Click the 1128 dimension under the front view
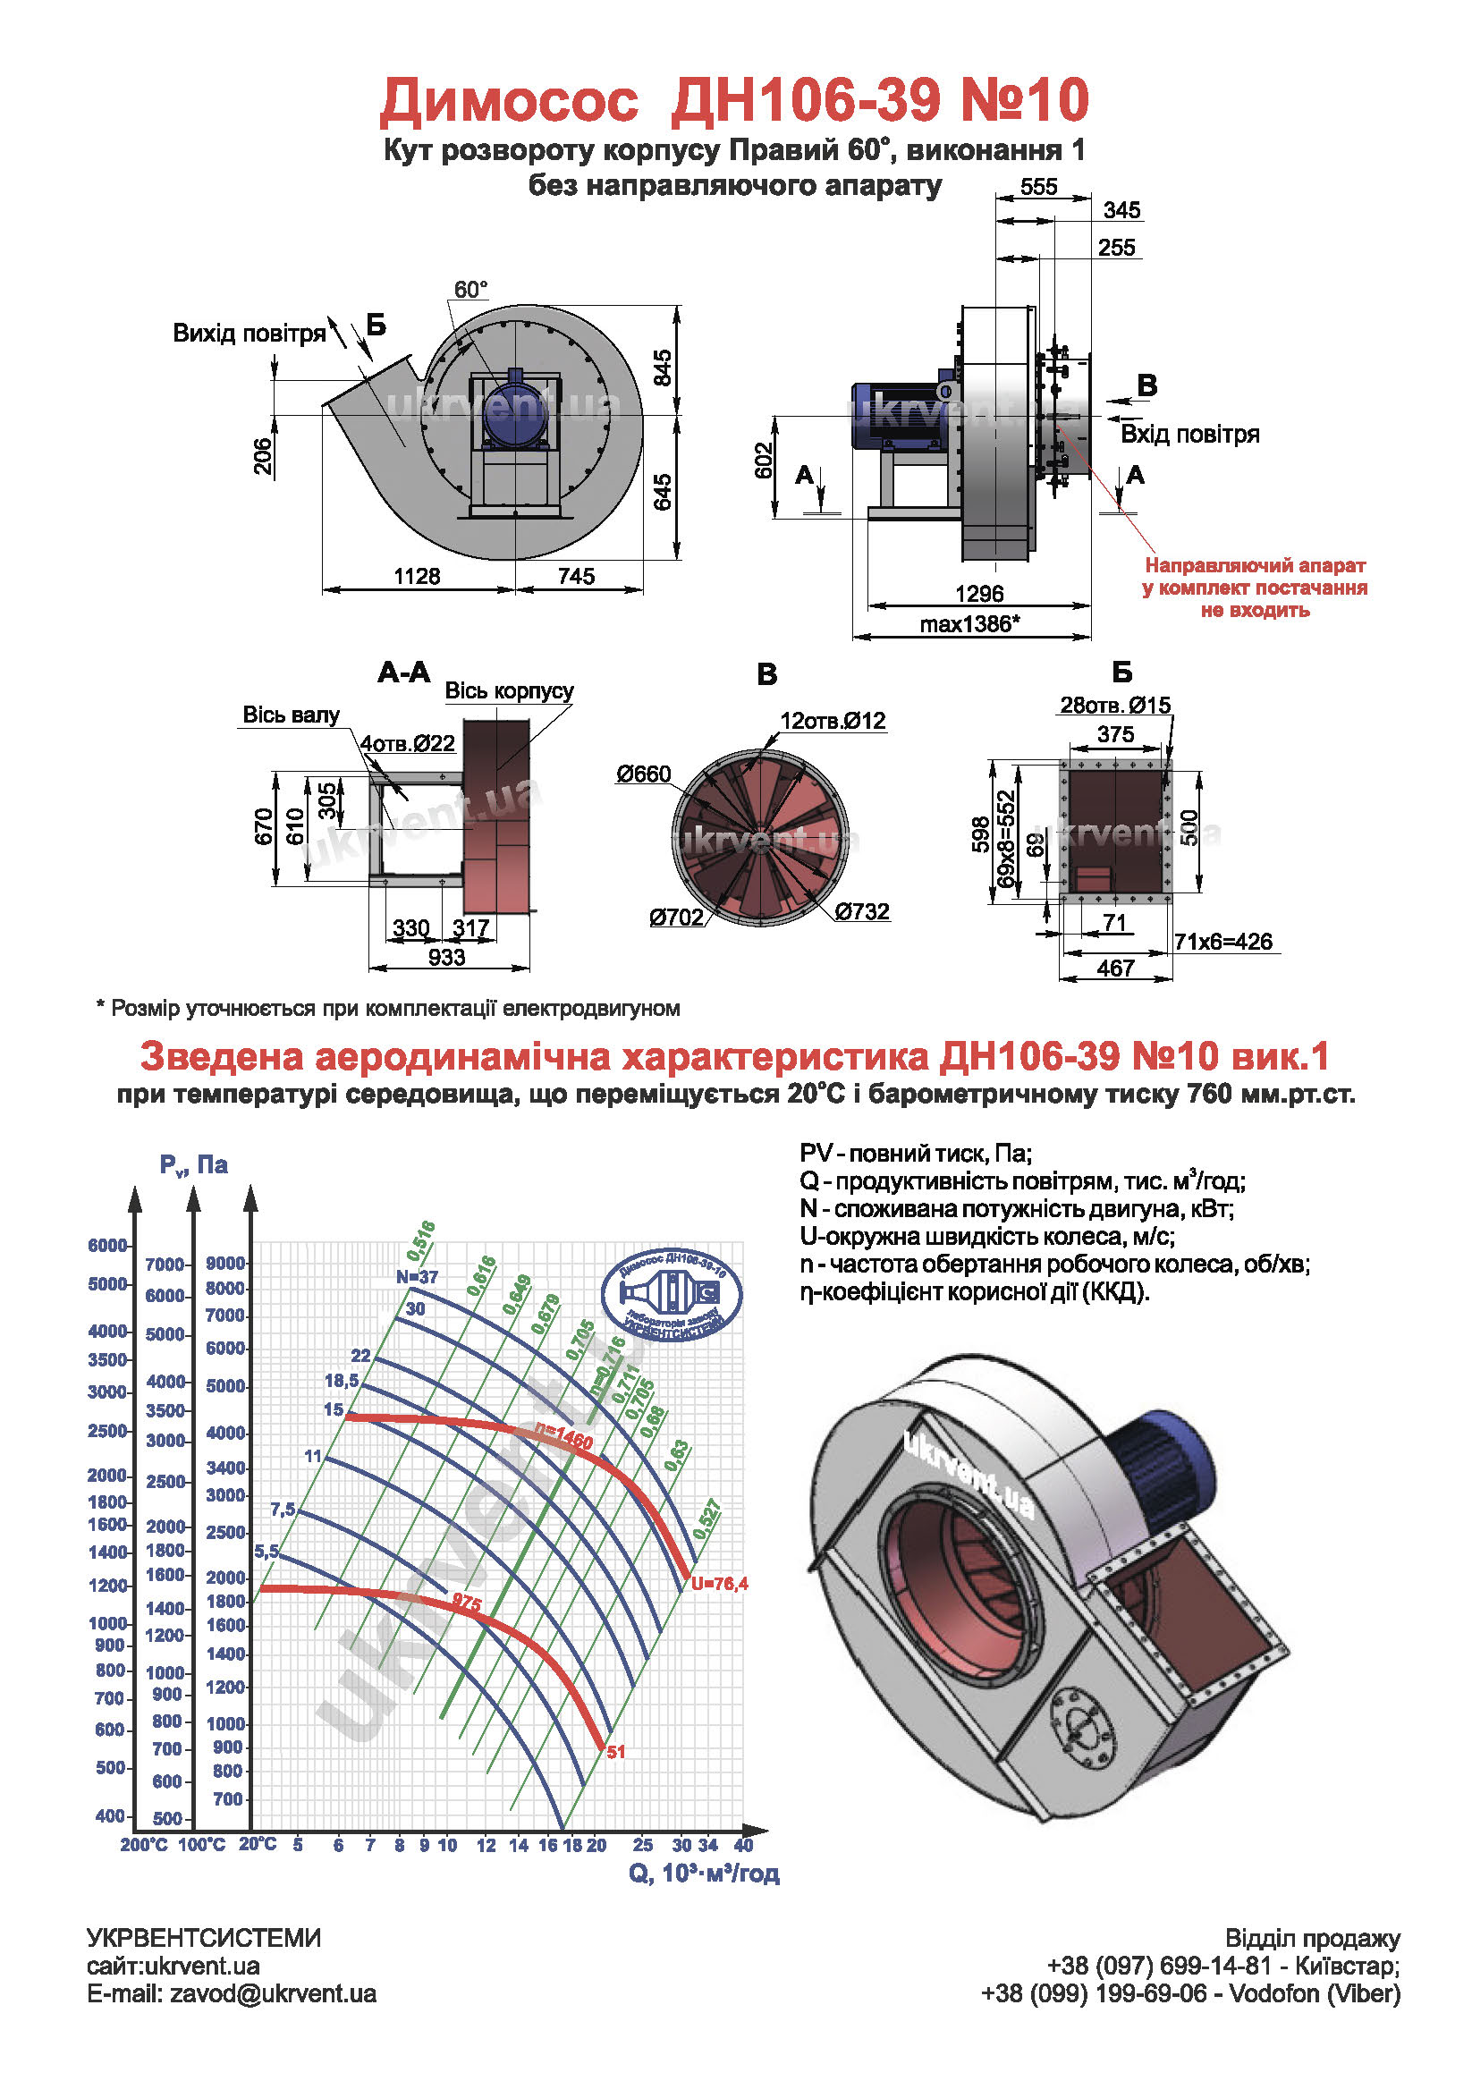417,576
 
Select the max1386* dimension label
969,623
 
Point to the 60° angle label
470,289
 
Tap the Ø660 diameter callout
644,774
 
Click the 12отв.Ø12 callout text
833,721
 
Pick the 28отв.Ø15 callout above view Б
1116,706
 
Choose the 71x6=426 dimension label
1223,942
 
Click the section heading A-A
404,673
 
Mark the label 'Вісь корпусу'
510,690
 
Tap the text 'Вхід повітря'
1190,434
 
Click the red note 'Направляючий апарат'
1256,565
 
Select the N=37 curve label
417,1277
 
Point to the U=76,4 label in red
720,1585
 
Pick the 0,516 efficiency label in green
421,1239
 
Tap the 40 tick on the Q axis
743,1844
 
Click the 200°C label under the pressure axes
143,1844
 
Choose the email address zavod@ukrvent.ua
273,1993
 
